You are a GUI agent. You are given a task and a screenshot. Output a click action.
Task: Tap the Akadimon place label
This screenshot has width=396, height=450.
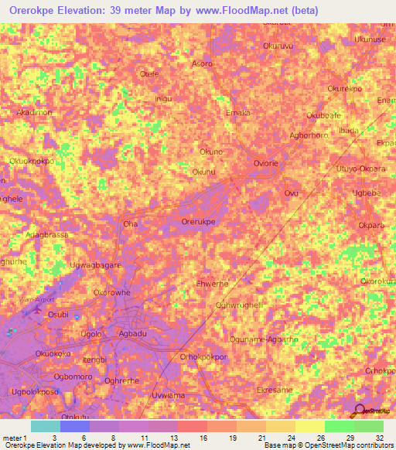(34, 112)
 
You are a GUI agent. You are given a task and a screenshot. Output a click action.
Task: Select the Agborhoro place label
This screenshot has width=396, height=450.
(309, 135)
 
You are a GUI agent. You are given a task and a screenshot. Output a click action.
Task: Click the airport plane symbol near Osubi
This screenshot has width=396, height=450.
(32, 311)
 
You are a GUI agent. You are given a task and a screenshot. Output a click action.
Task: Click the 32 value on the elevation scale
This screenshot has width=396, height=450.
(379, 438)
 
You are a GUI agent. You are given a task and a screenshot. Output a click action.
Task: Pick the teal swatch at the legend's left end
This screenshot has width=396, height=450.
(45, 426)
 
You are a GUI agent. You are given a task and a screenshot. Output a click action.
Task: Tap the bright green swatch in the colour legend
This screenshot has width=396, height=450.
(339, 426)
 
